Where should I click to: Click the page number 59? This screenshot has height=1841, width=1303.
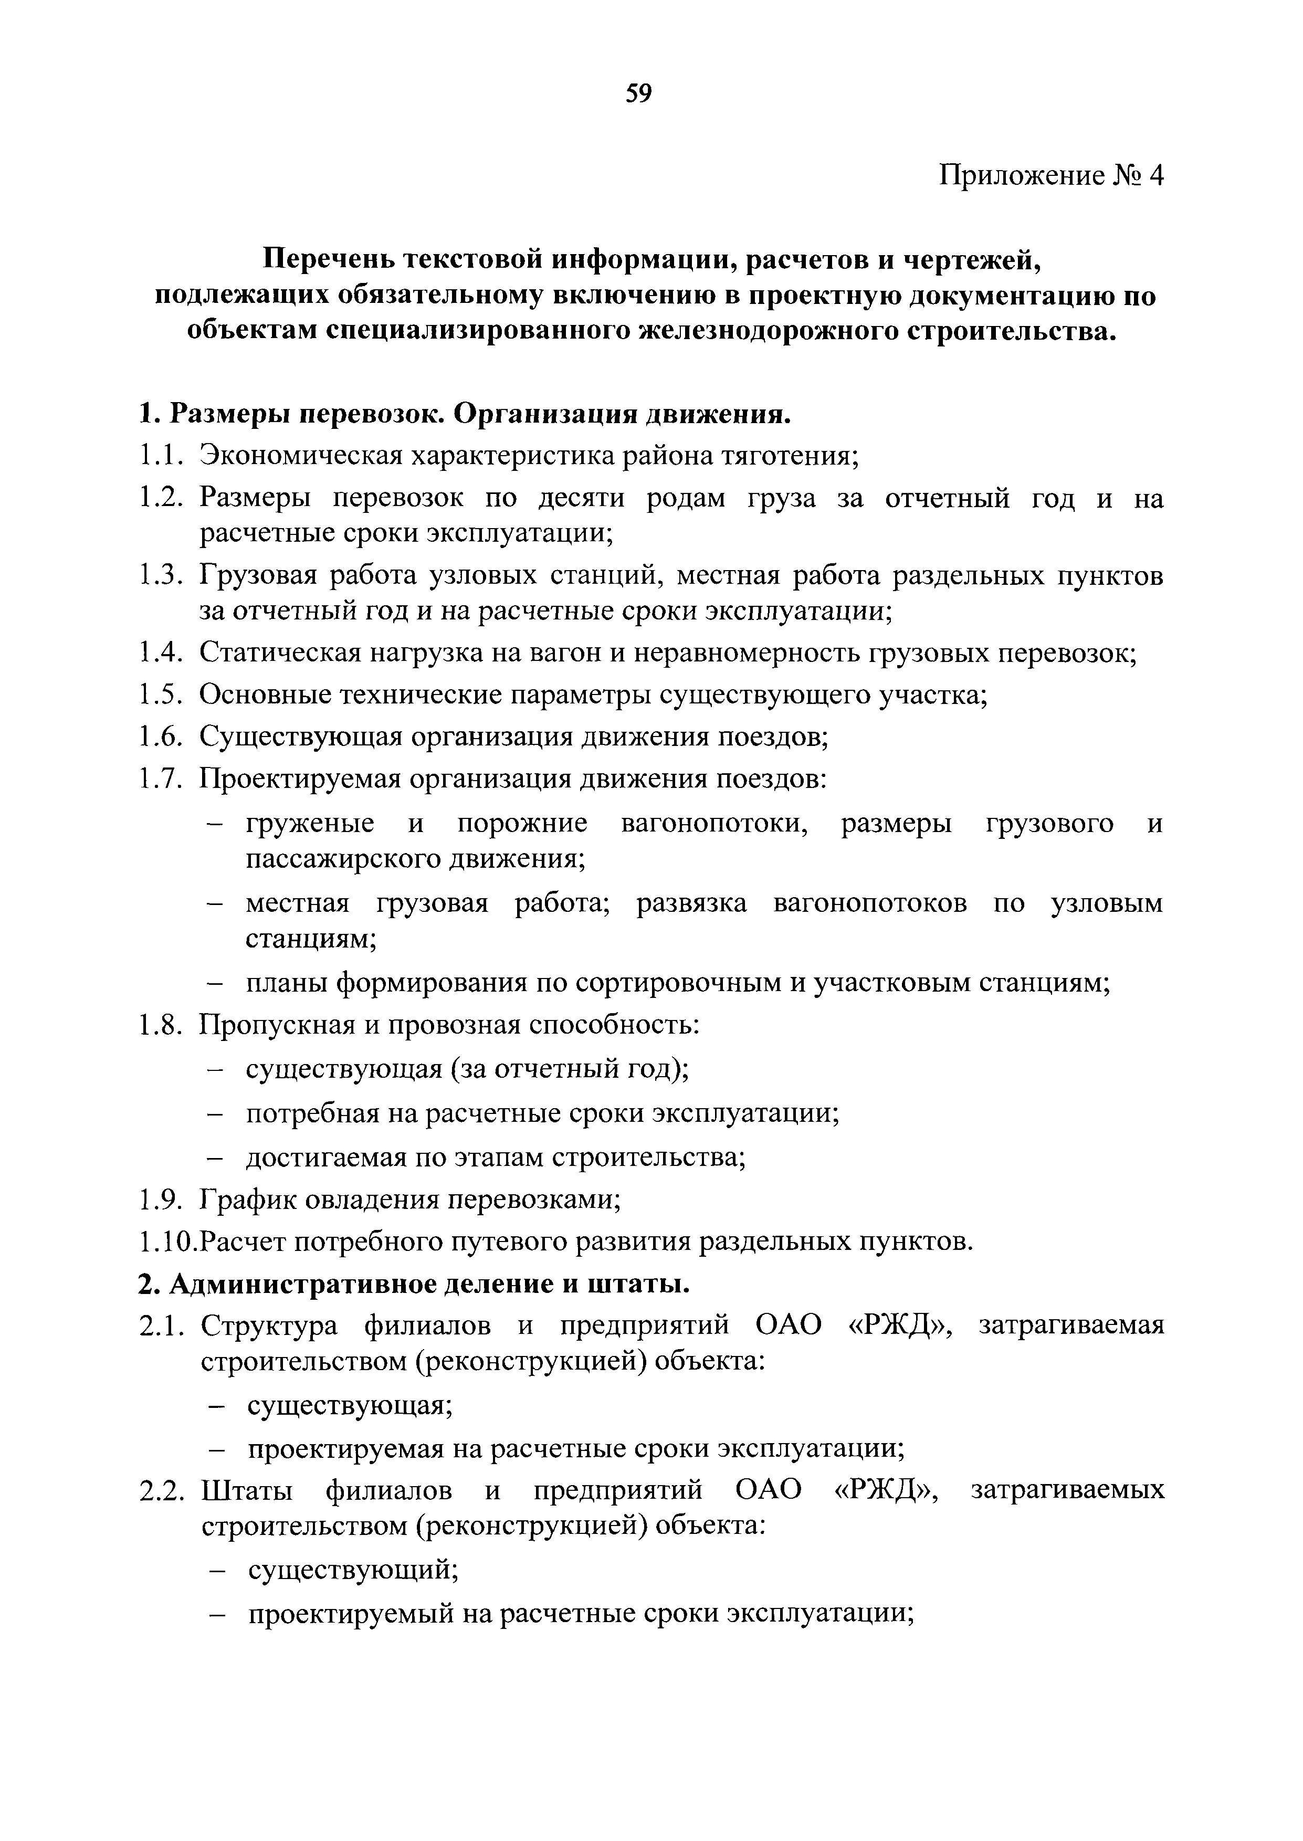639,94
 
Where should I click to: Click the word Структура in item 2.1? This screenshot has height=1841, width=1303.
270,1326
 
